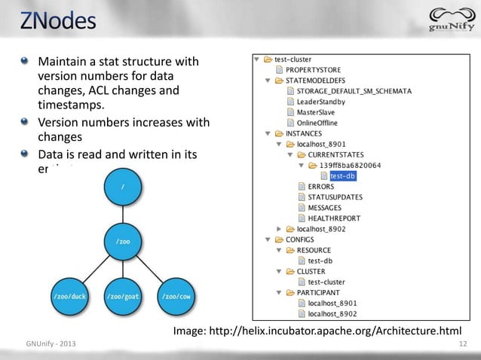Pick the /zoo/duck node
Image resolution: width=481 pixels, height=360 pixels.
(x=69, y=296)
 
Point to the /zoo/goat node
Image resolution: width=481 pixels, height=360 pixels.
(x=124, y=296)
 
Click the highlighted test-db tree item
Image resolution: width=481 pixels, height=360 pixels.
(x=342, y=175)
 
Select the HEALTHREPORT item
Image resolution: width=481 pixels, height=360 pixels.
(x=335, y=218)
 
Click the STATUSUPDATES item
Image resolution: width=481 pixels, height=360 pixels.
(x=335, y=197)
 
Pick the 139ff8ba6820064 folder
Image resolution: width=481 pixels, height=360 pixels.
(x=350, y=165)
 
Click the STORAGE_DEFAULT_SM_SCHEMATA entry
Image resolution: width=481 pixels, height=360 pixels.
(x=359, y=90)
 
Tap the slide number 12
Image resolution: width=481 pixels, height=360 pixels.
(x=461, y=344)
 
